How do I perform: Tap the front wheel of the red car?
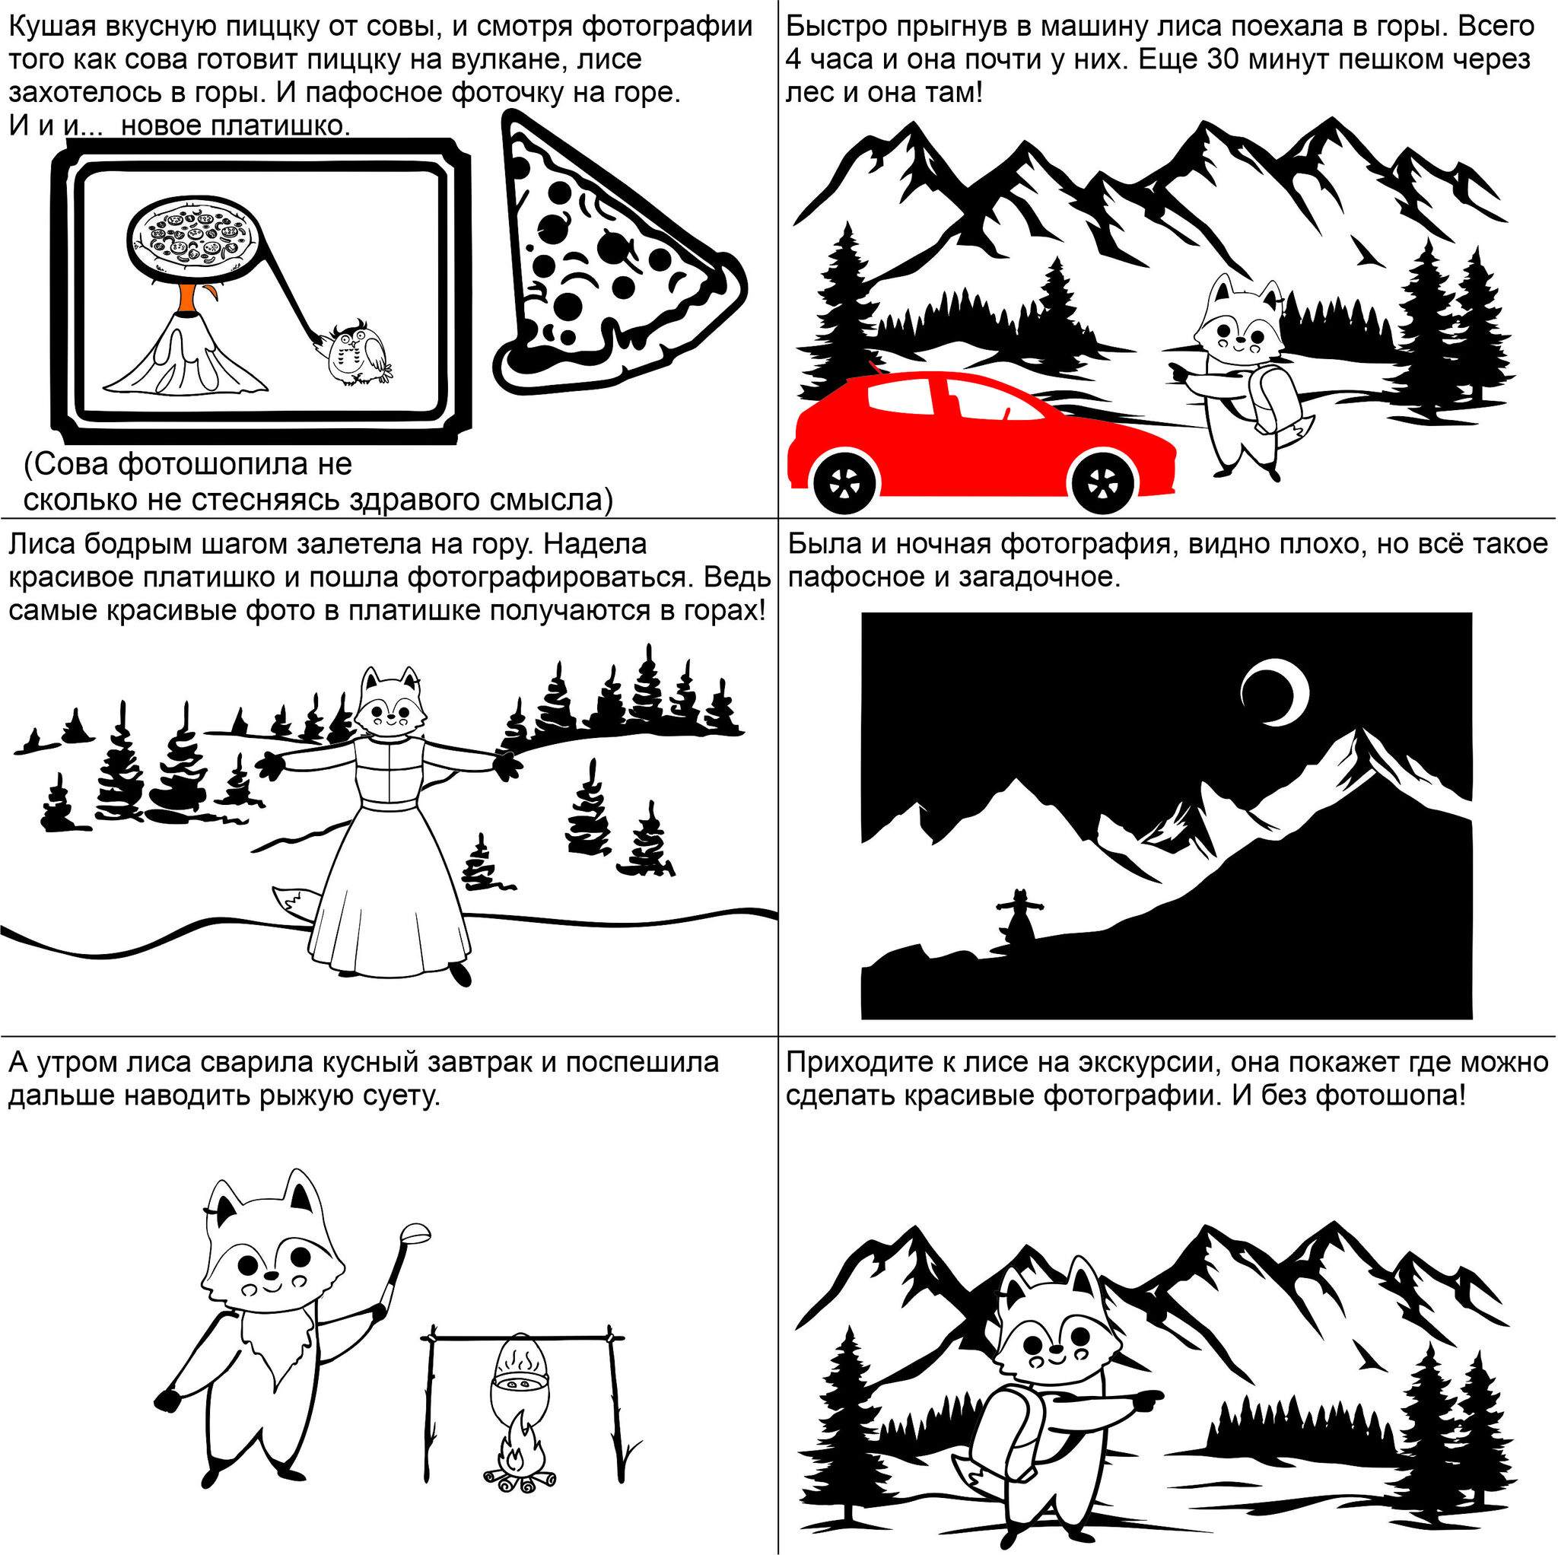click(x=1102, y=484)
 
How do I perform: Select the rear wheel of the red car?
click(x=844, y=484)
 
